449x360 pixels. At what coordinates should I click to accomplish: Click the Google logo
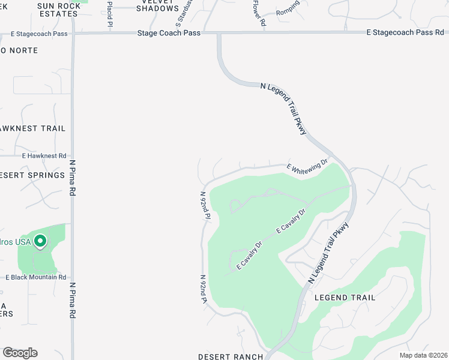pos(20,353)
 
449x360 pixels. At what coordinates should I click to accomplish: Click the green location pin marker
pos(40,242)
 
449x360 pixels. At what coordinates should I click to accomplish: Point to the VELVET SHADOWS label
pos(157,5)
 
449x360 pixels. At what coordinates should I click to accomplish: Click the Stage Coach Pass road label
pos(168,34)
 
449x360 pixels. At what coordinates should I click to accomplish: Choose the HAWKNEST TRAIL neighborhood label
pos(32,128)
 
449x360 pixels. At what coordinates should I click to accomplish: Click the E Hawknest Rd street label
pos(44,155)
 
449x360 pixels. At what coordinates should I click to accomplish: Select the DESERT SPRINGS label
pos(32,175)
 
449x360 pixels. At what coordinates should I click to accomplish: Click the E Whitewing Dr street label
pos(307,167)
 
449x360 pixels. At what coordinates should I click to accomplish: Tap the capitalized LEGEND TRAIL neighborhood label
pos(345,298)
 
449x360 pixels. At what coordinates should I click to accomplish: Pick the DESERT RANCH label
pos(231,357)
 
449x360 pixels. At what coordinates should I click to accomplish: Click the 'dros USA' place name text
pos(14,242)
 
